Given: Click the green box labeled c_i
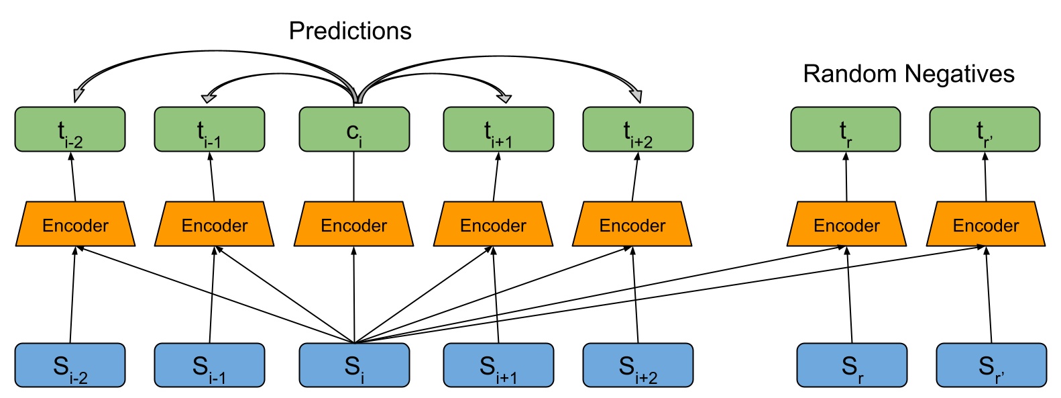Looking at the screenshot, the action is (x=354, y=130).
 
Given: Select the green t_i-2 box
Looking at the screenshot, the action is (x=70, y=130).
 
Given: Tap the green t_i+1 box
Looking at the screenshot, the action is (x=498, y=130).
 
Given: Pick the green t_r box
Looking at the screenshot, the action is (x=846, y=130).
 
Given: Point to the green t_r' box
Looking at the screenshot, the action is (x=985, y=130).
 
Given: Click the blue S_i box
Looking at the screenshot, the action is (x=354, y=365).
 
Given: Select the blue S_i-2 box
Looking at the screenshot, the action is (x=70, y=365).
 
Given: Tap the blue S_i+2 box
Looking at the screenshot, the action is (x=638, y=365).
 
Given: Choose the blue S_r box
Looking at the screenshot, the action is (x=852, y=365).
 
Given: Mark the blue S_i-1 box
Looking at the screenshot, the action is (x=209, y=365).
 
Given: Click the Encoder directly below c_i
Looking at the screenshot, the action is (x=354, y=224).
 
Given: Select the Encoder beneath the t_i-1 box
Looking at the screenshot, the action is (x=214, y=224).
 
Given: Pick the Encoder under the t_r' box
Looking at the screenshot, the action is (x=986, y=224).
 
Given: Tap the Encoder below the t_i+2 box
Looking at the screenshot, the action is (x=632, y=224).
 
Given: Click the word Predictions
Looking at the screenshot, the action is (x=350, y=32).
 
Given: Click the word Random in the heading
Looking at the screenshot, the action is (x=850, y=74).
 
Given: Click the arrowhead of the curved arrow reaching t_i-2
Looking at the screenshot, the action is (x=78, y=95).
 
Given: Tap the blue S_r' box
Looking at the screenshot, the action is (x=991, y=365).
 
